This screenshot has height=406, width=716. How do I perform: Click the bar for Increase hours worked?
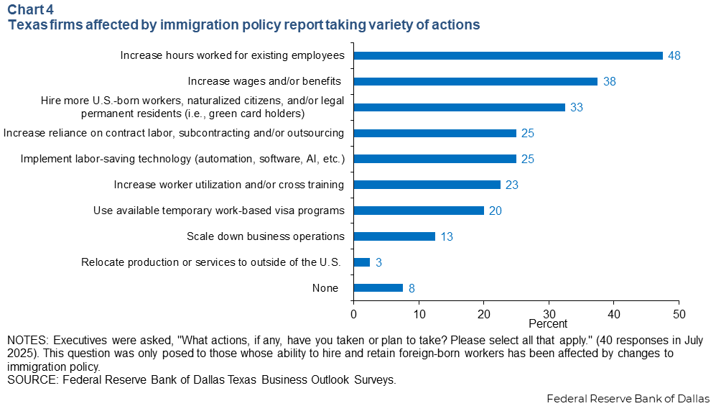[x=508, y=55]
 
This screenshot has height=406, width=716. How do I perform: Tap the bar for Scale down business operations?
[x=394, y=236]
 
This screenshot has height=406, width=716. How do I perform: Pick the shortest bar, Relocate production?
[x=362, y=262]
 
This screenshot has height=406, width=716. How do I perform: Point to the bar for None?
[x=378, y=288]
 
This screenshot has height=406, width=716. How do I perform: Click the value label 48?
[x=674, y=56]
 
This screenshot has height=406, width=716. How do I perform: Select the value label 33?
[x=577, y=108]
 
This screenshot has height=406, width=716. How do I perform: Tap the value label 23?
[x=511, y=185]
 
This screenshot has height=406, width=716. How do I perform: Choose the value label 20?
[x=495, y=211]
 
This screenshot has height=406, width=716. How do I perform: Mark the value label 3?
[x=378, y=263]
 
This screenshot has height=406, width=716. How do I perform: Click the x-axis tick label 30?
[x=549, y=314]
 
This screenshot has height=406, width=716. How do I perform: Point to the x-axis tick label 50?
[x=679, y=314]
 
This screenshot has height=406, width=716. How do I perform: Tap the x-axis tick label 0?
[x=353, y=314]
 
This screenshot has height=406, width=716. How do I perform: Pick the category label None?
[x=325, y=288]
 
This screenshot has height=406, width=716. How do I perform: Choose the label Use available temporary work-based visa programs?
[x=219, y=211]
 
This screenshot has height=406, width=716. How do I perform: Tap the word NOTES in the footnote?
[x=26, y=339]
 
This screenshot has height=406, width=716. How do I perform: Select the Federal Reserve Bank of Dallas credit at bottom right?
[x=628, y=398]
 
